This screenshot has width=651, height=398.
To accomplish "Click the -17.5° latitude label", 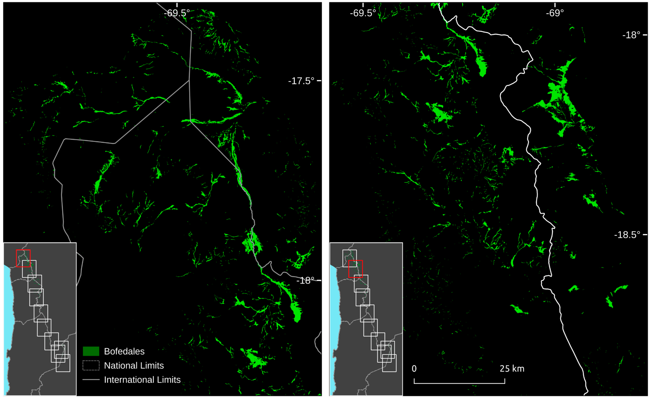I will [x=301, y=81].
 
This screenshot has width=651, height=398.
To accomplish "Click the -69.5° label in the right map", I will [x=363, y=13].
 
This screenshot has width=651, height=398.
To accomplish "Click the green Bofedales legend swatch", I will [x=91, y=351].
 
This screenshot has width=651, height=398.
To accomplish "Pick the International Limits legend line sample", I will [x=91, y=380].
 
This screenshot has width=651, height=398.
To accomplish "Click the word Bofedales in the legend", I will [x=124, y=351].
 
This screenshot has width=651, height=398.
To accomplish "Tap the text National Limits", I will [x=134, y=365].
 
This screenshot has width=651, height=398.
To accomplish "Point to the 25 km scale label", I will [x=512, y=369].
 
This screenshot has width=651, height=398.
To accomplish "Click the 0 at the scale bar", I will [x=414, y=369].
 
